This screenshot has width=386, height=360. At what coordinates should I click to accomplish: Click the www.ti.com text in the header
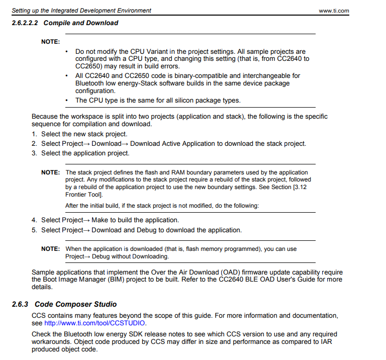[x=334, y=11]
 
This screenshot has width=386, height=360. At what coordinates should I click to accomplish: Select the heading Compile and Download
[x=81, y=23]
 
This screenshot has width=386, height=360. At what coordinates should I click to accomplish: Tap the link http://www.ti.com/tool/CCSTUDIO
[x=95, y=323]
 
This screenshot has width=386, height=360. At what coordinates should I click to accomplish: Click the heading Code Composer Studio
[x=75, y=304]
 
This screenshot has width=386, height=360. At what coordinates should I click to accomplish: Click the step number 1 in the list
[x=34, y=134]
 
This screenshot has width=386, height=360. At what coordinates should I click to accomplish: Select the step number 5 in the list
[x=34, y=230]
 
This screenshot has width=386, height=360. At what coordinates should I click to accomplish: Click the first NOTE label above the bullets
[x=50, y=42]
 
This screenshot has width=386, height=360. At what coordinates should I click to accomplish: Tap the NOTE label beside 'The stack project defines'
[x=50, y=172]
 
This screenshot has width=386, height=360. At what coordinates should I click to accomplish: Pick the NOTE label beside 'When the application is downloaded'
[x=50, y=249]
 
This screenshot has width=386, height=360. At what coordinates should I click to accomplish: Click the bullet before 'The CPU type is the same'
[x=67, y=100]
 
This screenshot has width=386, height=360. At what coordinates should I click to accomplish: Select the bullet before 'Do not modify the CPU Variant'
[x=67, y=52]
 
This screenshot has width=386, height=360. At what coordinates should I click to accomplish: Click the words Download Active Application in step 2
[x=173, y=144]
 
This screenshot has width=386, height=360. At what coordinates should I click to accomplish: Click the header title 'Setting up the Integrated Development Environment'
[x=81, y=11]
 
